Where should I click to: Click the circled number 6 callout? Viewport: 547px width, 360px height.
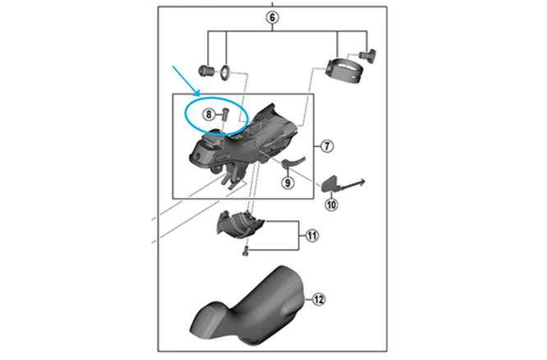pos(272,17)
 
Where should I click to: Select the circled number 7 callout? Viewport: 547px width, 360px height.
pos(327,145)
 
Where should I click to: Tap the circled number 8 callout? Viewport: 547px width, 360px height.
pos(209,114)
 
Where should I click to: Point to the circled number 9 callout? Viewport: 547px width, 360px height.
pos(287,182)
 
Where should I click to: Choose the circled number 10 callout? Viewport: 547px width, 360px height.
pos(331,205)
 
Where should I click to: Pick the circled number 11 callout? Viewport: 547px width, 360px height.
pos(312,236)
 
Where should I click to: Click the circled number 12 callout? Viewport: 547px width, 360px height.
pos(319,300)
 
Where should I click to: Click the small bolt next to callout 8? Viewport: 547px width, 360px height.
pos(225,113)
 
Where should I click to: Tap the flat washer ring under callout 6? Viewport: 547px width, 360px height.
pos(225,72)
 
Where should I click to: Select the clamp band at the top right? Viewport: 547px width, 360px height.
pos(344,72)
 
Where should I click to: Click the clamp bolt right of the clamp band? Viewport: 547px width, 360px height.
pos(367,56)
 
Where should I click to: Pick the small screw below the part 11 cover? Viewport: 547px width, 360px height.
pos(246,251)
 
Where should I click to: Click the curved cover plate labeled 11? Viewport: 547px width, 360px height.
pos(239,224)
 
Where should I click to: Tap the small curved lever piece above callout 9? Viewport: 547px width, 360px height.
pos(293,161)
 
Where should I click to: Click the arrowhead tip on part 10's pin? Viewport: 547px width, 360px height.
pos(365,181)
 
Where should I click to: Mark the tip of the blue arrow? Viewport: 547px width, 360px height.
pos(200,95)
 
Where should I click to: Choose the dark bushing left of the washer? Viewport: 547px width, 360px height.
pos(206,71)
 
